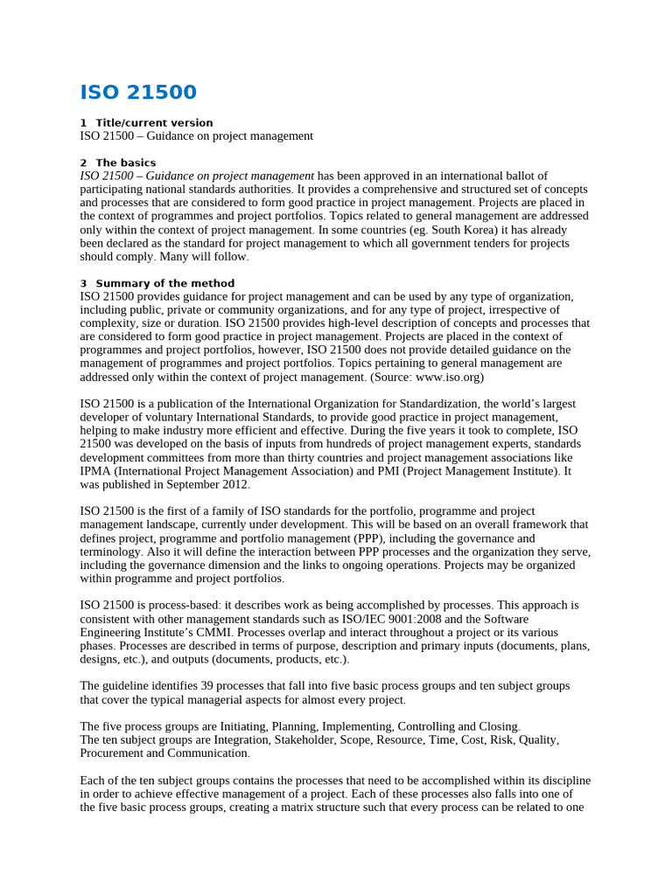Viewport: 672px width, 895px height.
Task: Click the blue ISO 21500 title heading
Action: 138,93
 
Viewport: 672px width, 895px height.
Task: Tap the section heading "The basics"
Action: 125,163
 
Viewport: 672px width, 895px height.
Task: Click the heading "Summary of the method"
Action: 164,283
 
